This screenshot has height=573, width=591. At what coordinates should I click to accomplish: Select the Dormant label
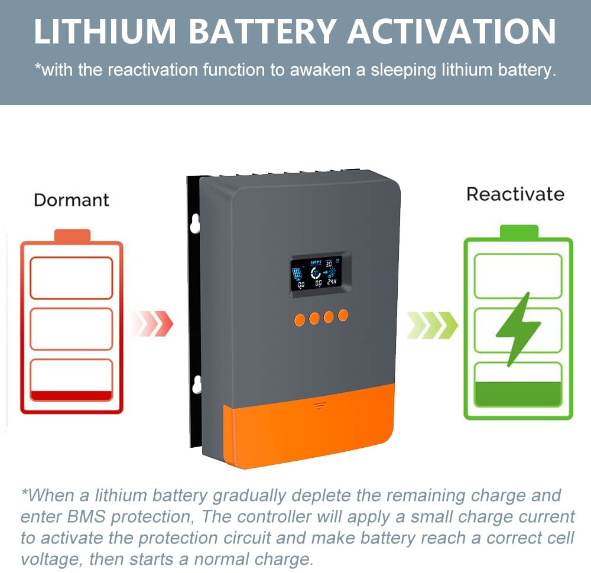point(72,200)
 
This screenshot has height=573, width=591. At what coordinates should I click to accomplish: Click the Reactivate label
point(515,194)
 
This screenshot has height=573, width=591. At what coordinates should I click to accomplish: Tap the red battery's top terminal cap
point(72,236)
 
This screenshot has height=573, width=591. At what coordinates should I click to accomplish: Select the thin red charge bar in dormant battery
point(71,396)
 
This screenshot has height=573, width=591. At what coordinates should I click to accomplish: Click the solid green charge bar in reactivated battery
point(518,394)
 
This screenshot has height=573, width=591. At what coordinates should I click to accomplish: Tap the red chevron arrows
point(152,324)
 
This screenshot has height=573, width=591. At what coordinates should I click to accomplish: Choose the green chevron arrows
point(432,324)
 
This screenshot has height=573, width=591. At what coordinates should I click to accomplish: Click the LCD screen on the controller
point(320,273)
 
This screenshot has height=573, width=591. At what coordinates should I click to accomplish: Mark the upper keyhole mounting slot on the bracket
point(196,223)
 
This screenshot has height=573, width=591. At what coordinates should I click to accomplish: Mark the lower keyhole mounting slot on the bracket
point(196,384)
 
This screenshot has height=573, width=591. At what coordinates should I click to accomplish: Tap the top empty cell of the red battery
point(71,278)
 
